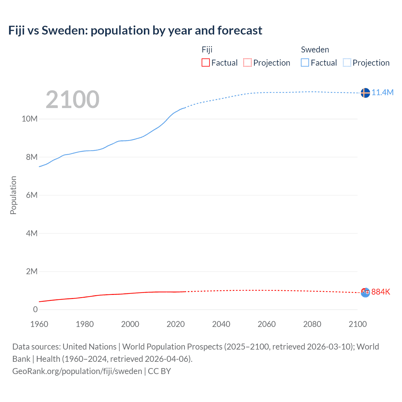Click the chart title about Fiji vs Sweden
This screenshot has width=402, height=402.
[135, 30]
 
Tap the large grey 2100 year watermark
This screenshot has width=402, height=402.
[73, 100]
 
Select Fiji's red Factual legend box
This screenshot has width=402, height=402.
[206, 62]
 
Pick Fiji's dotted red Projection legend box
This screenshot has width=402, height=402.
[247, 62]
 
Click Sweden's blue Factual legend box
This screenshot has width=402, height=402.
[305, 62]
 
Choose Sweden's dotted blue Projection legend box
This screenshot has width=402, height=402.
[347, 62]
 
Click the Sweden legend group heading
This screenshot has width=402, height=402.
[315, 50]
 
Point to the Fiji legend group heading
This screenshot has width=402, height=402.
[207, 50]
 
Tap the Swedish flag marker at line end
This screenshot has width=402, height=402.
[365, 93]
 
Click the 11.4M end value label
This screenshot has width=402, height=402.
[383, 92]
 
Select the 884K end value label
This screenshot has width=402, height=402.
[381, 292]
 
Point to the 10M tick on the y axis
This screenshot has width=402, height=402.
[30, 119]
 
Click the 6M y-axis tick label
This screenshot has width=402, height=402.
[32, 195]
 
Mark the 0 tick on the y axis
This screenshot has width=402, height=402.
[35, 309]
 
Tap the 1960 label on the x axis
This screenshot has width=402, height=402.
[39, 324]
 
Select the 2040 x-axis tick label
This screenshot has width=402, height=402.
[221, 324]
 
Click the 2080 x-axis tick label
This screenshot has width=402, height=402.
[312, 324]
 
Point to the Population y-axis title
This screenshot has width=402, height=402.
[13, 195]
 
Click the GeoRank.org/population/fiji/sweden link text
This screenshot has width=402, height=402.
[77, 371]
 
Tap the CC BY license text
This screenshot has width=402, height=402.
[159, 371]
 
